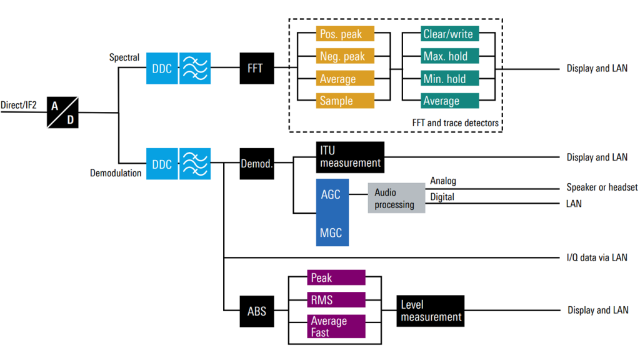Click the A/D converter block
(62, 112)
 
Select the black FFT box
(256, 68)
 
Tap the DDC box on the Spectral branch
(162, 68)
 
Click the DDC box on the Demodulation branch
(162, 164)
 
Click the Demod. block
(256, 164)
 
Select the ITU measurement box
(349, 157)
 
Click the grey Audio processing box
(396, 197)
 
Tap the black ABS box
(256, 311)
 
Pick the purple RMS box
(336, 300)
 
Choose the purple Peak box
(336, 277)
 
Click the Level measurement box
(431, 311)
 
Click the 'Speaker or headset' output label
(602, 187)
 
